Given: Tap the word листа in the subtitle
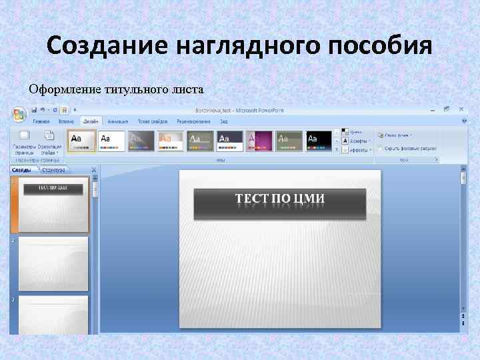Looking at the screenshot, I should pyautogui.click(x=189, y=89).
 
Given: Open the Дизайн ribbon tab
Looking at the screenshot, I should pyautogui.click(x=89, y=121).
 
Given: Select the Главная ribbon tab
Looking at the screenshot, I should pyautogui.click(x=41, y=121).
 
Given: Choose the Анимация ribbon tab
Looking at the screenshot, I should pyautogui.click(x=117, y=121).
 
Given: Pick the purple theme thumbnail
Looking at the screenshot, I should pyautogui.click(x=259, y=140).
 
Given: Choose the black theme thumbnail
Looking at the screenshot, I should pyautogui.click(x=318, y=140).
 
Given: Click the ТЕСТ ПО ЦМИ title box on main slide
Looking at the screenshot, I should pyautogui.click(x=279, y=203).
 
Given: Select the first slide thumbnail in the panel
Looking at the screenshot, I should pyautogui.click(x=53, y=204).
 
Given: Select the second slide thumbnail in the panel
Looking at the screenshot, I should pyautogui.click(x=53, y=263).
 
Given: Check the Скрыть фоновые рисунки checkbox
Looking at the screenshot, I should pyautogui.click(x=380, y=148).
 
